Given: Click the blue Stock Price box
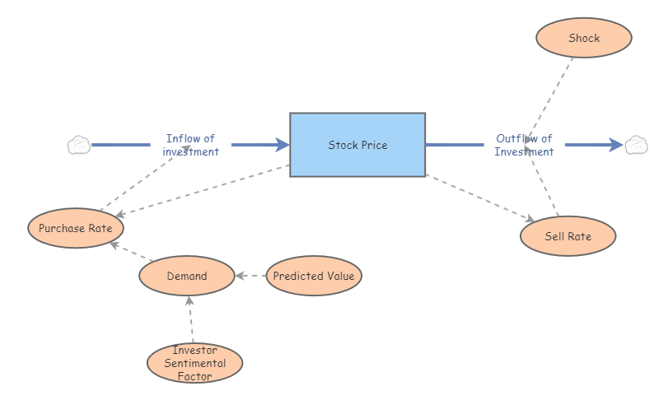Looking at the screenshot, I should click(358, 145).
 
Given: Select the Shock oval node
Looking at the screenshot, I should click(583, 38).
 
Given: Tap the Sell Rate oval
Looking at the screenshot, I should click(568, 236).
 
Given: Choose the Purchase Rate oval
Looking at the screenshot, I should click(76, 228).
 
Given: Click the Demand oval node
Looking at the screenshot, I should click(187, 276).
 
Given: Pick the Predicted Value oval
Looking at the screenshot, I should click(313, 276).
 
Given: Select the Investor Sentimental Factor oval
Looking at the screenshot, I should click(194, 363).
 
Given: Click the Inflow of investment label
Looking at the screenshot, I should click(190, 145).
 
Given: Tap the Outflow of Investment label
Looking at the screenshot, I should click(524, 145).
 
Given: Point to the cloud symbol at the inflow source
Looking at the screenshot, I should click(78, 146).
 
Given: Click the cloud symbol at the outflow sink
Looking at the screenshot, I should click(636, 146).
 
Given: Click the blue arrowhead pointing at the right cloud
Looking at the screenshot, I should click(616, 145).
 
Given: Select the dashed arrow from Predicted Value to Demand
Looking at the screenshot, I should click(251, 276).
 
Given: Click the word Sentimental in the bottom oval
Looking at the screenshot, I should click(194, 363).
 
